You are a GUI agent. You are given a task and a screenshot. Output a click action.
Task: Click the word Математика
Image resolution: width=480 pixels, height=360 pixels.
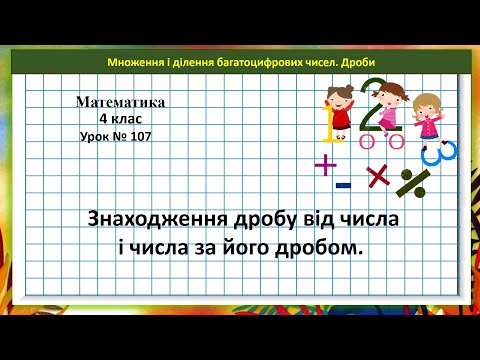point(119,101)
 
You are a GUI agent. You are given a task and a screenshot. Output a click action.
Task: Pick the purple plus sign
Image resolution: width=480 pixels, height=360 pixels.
point(326,165)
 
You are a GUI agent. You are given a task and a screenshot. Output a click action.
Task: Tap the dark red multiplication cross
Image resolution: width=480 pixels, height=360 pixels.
point(377,176)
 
